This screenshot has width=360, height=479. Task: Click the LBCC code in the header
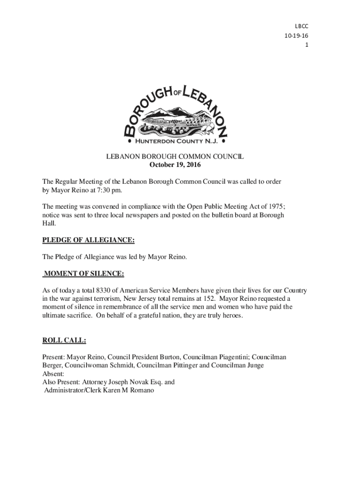click(x=302, y=27)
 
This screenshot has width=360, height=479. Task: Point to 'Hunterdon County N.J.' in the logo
click(x=176, y=141)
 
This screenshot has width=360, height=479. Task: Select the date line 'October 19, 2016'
click(x=175, y=165)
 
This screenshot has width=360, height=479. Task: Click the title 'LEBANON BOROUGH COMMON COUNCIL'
click(x=175, y=157)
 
